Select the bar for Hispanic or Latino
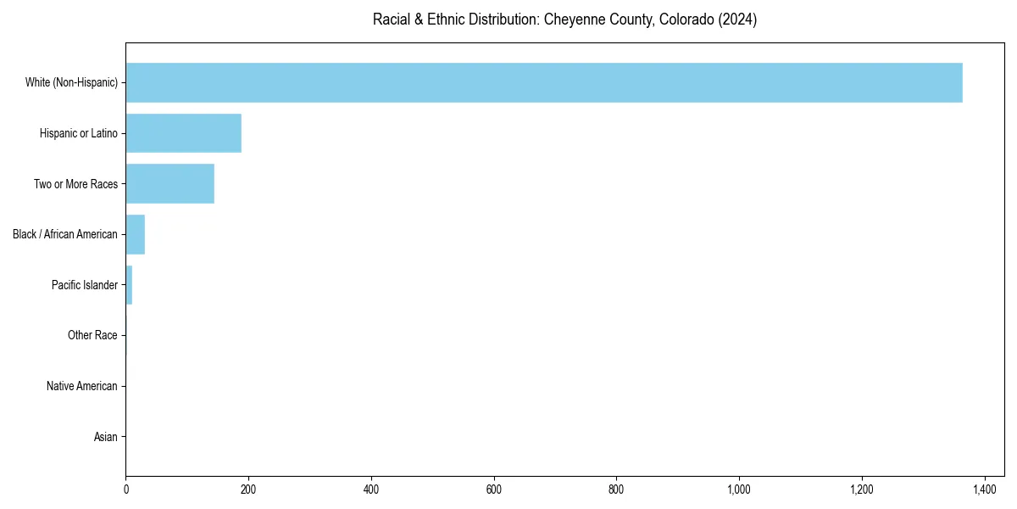(x=184, y=133)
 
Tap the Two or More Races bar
(x=170, y=184)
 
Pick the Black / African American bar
(x=136, y=234)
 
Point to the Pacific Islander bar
(x=129, y=285)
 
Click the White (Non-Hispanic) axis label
(x=71, y=82)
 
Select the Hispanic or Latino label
(x=79, y=133)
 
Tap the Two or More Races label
(x=75, y=184)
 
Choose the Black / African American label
(x=65, y=234)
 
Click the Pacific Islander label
(x=85, y=285)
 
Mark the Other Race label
(x=92, y=336)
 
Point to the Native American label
(x=82, y=387)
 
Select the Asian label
(x=105, y=438)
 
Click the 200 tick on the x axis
(x=248, y=489)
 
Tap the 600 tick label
(x=493, y=489)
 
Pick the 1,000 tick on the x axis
(x=739, y=489)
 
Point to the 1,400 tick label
(x=984, y=489)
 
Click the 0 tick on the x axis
(x=126, y=489)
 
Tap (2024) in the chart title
(x=737, y=20)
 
